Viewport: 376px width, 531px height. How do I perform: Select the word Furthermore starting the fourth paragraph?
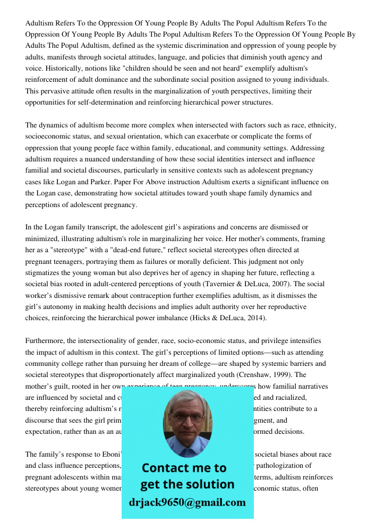(x=46, y=341)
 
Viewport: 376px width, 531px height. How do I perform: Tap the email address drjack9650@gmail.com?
(x=187, y=502)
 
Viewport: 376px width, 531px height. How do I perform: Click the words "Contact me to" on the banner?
(x=184, y=468)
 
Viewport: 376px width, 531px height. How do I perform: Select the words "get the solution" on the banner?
(x=187, y=484)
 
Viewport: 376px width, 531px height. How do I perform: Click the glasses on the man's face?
(x=187, y=417)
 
